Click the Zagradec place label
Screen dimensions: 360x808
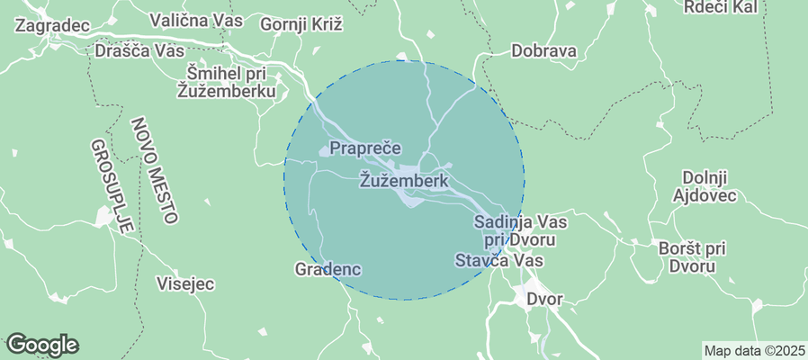tap(52, 25)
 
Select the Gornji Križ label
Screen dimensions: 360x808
tap(301, 24)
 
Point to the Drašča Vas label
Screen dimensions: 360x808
tap(139, 50)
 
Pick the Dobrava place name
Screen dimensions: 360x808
tap(543, 50)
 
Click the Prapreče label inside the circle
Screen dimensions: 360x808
tap(364, 147)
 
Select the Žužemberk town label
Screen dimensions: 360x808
tap(403, 180)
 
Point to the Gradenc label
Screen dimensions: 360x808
tap(328, 268)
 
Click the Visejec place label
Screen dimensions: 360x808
tap(185, 283)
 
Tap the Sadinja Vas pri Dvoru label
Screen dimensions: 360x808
tap(516, 230)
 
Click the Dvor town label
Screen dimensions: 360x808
tap(544, 299)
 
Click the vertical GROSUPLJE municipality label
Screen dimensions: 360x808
tap(112, 185)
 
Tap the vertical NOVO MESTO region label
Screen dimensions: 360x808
tap(153, 170)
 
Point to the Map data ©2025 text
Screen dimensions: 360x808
tap(754, 350)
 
